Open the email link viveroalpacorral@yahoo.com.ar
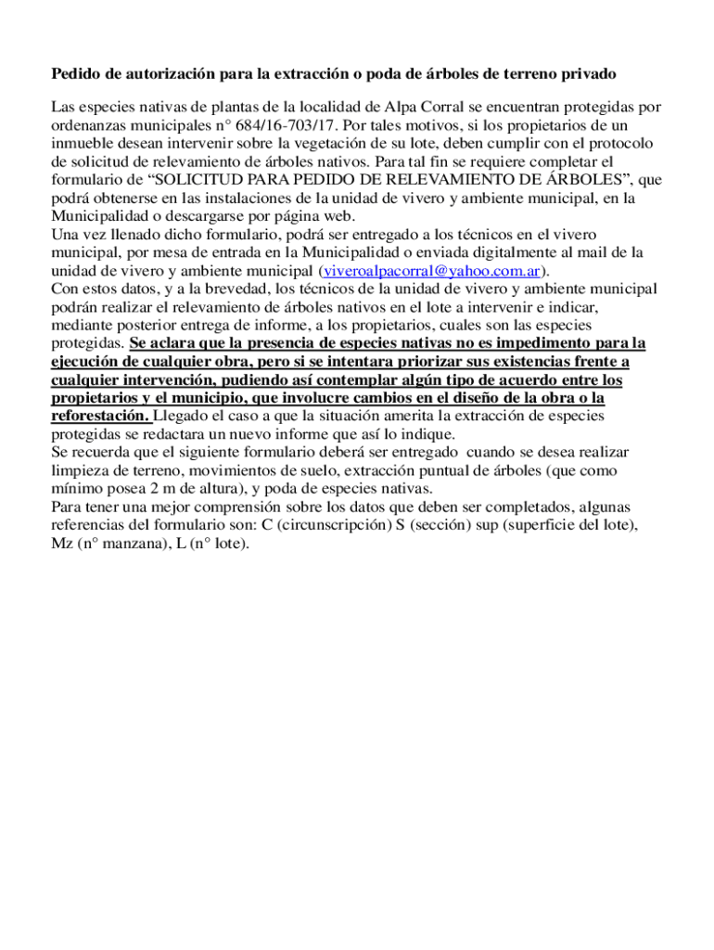click(x=431, y=271)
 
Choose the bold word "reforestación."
click(x=100, y=416)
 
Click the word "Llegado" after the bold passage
click(x=182, y=416)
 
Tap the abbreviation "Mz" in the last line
click(x=62, y=544)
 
